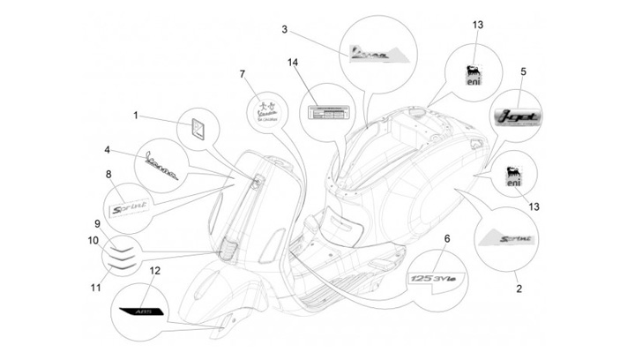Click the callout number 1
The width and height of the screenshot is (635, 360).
coord(136,115)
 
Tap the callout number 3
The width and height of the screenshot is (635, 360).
coord(284,29)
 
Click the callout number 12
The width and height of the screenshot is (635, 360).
coord(154,271)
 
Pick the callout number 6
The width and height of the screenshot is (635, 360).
coord(446,239)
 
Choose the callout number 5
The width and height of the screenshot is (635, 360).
coord(523,71)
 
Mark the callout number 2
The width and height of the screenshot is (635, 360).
coord(518,288)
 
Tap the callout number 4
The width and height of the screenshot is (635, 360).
coord(107,150)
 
